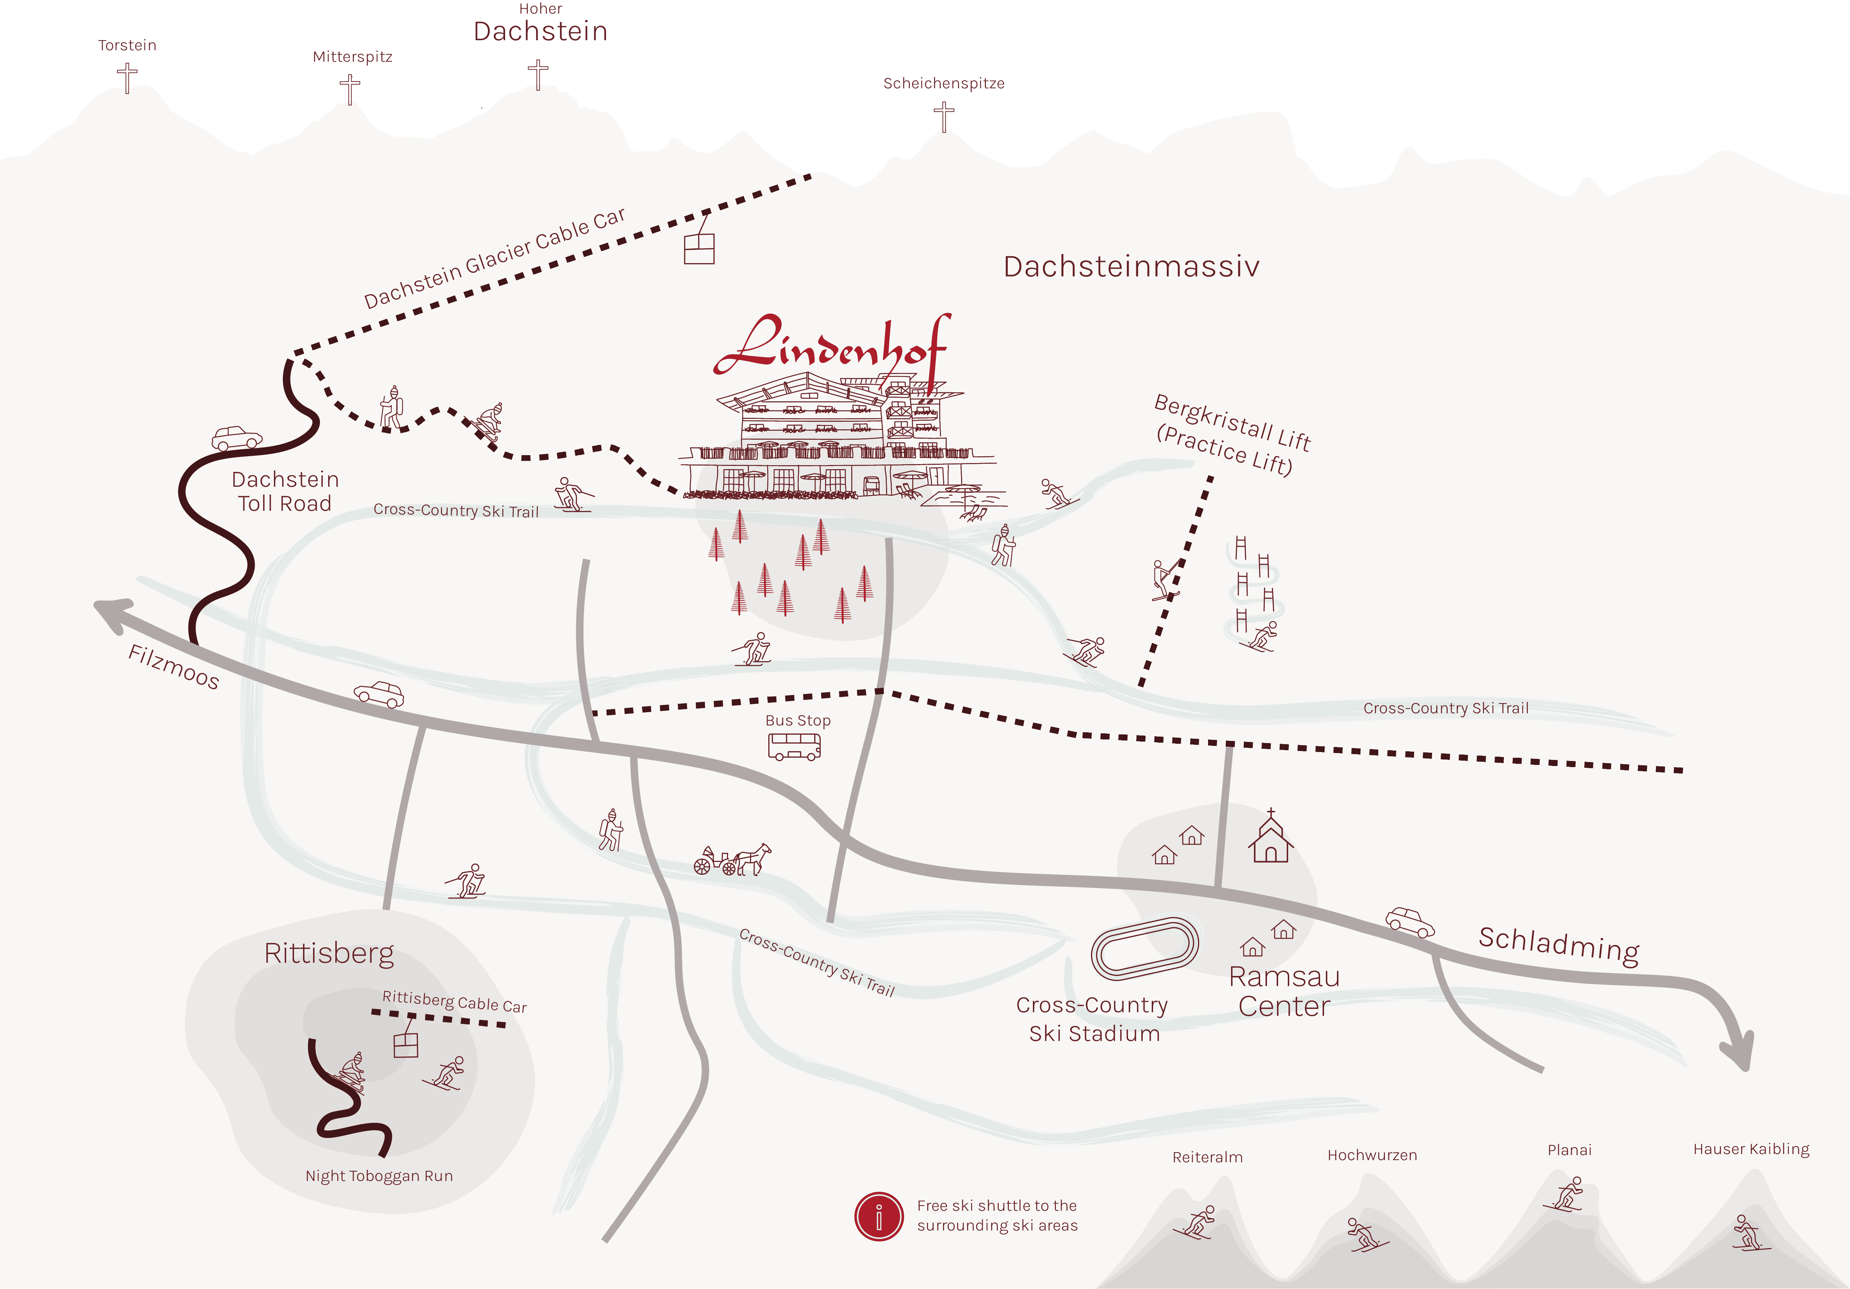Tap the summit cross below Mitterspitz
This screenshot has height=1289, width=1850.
(350, 89)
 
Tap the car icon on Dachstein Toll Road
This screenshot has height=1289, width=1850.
(237, 438)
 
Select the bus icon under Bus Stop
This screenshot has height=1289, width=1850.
(794, 747)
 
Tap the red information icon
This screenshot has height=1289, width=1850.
(878, 1216)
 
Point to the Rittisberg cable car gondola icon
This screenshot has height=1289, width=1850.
(406, 1044)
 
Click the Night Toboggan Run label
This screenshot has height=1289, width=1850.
(379, 1176)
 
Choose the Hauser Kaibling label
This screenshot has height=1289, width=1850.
(1751, 1149)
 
